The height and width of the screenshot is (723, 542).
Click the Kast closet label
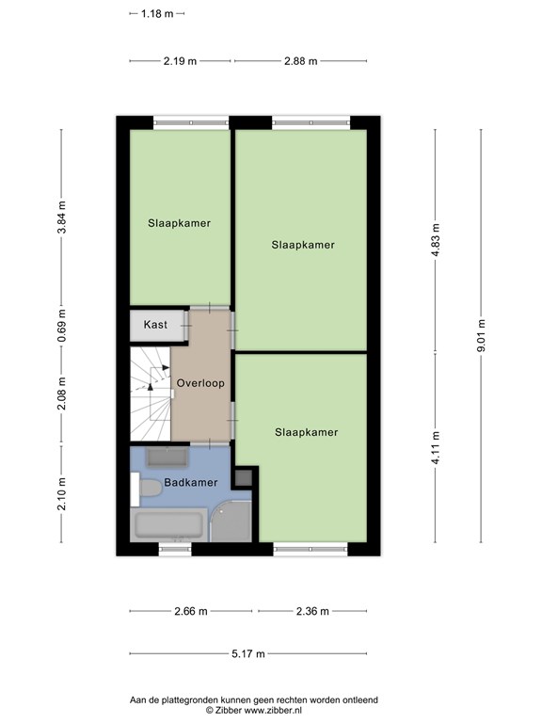(x=155, y=325)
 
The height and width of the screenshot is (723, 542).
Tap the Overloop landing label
(x=200, y=383)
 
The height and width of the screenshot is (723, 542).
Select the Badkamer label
(x=191, y=483)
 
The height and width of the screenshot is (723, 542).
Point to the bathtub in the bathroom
(x=168, y=525)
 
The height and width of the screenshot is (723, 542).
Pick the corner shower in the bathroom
(x=231, y=521)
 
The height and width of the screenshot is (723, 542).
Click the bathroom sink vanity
(x=167, y=458)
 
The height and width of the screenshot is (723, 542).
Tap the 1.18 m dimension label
(x=157, y=14)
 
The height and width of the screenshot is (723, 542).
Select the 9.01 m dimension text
(x=481, y=336)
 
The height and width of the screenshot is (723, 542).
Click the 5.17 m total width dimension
(x=248, y=654)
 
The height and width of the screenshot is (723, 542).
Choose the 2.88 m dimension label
(x=301, y=61)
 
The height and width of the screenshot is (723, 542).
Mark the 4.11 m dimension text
(x=436, y=447)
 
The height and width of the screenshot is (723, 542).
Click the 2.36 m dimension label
(x=312, y=611)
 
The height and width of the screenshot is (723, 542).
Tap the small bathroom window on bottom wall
(x=175, y=549)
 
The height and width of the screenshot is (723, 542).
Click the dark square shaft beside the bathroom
(x=244, y=477)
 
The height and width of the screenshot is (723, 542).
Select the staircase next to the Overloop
(x=151, y=394)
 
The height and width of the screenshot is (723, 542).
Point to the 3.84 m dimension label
(x=62, y=217)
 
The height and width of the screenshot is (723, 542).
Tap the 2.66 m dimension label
(x=191, y=611)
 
